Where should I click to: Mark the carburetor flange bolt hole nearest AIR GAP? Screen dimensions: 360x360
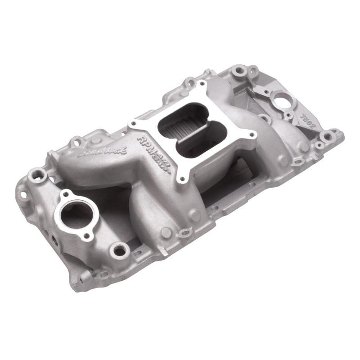(182, 179)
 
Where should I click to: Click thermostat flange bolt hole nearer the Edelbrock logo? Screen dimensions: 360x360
(66, 194)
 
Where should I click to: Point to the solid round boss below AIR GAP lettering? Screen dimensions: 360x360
(166, 232)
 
